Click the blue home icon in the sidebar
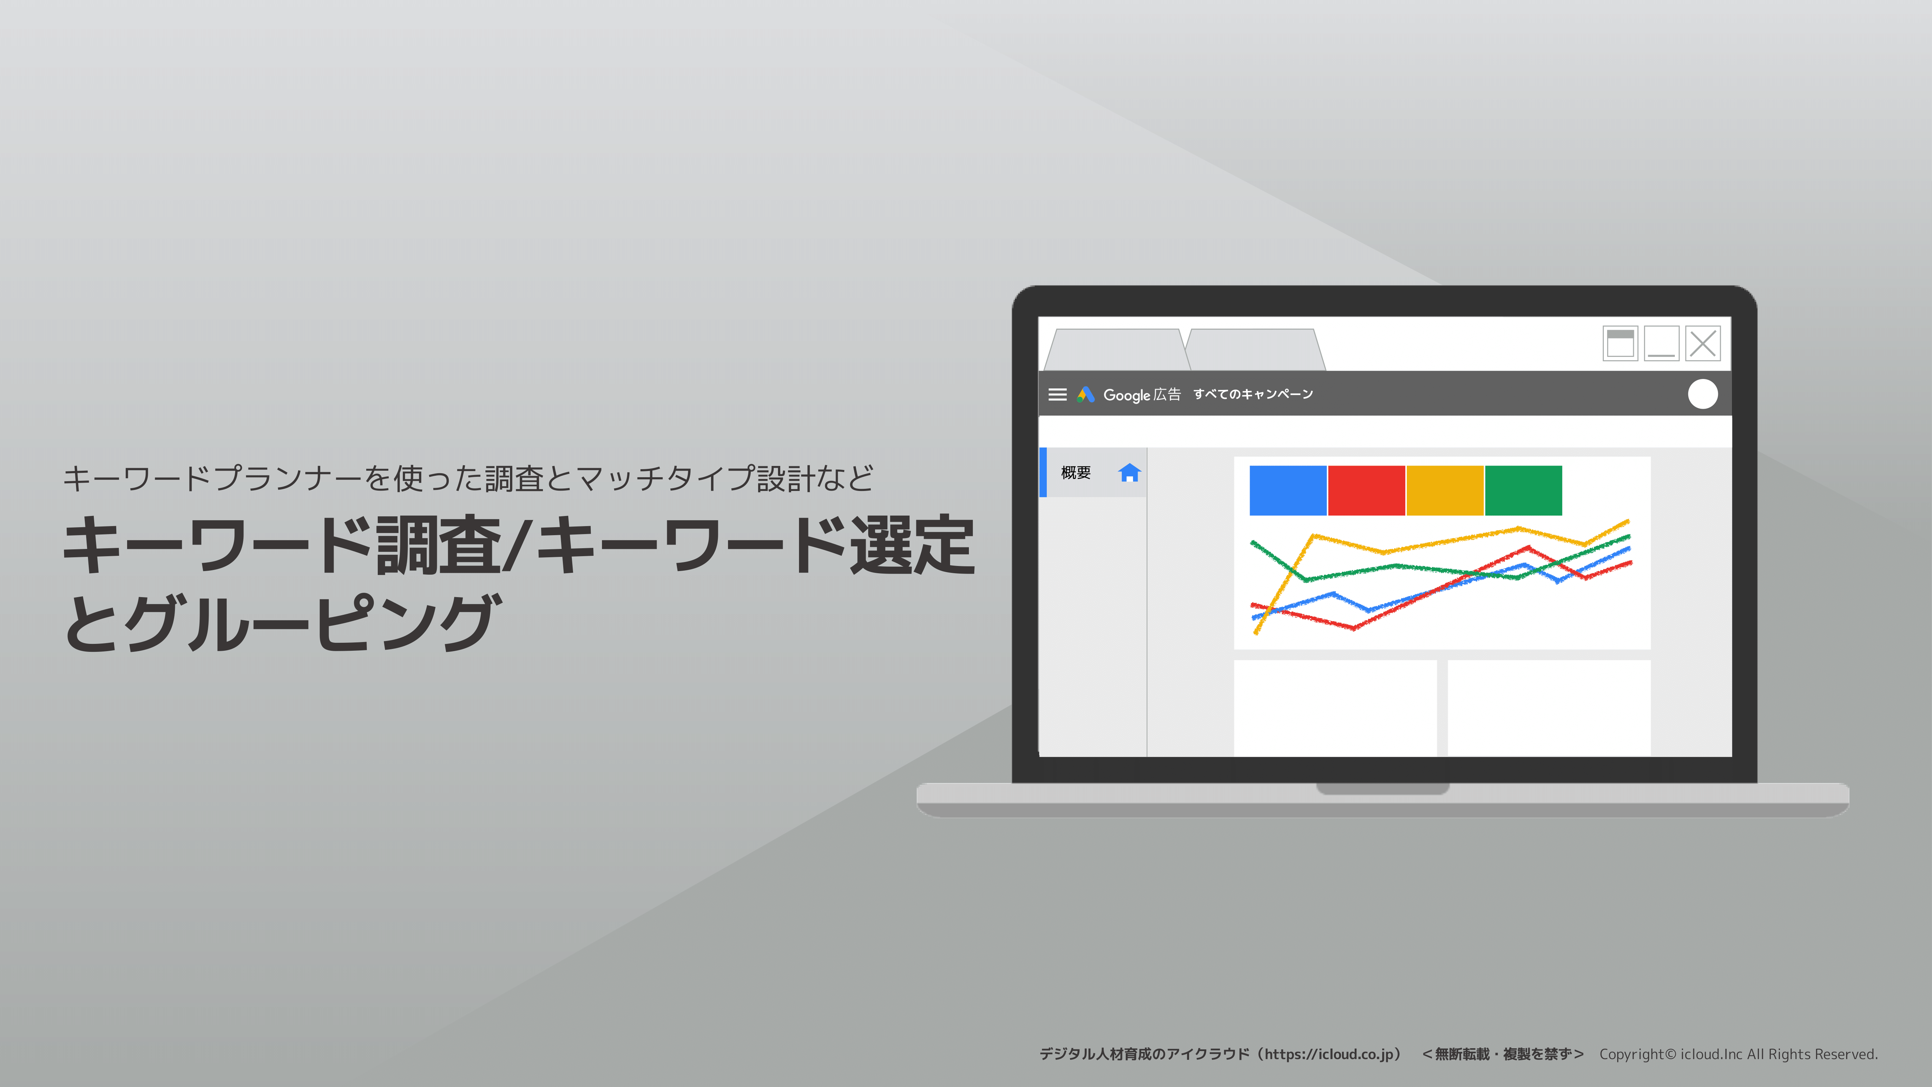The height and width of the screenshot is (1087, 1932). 1129,472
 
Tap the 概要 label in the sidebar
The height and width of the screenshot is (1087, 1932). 1075,472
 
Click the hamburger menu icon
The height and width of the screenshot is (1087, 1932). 1058,395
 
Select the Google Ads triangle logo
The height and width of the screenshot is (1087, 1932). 1085,395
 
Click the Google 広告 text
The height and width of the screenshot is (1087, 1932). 1142,395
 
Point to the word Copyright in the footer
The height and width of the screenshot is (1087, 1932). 1631,1054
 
